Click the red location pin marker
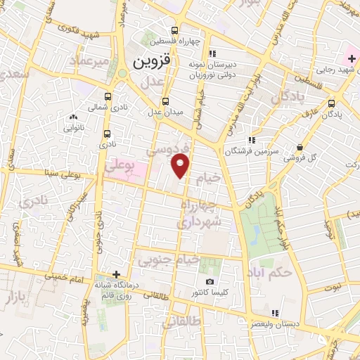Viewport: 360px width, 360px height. [181, 166]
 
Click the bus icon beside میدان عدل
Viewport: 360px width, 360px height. [165, 101]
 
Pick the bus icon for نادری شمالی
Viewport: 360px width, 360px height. [107, 97]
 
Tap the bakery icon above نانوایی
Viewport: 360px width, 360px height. [73, 117]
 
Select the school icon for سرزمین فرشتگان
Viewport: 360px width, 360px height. [252, 140]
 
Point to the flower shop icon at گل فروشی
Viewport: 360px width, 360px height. [300, 148]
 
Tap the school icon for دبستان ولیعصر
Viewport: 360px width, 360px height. [276, 313]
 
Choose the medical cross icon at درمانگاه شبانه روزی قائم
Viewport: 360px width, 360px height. [117, 274]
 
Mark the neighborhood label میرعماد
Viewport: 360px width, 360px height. [89, 61]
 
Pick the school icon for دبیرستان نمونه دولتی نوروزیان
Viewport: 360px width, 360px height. [213, 53]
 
